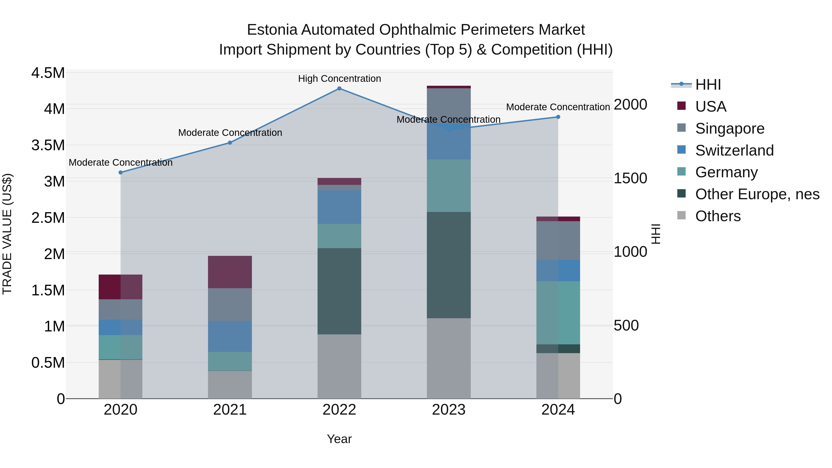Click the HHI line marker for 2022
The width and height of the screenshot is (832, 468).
339,89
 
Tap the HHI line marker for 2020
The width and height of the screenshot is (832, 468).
120,172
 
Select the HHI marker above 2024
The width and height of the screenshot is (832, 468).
558,117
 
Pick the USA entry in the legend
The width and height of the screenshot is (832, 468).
711,107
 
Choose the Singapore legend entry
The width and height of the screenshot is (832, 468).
730,128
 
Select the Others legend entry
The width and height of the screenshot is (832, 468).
718,216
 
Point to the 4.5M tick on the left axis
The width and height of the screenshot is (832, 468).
48,73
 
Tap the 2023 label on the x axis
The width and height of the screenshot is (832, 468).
449,410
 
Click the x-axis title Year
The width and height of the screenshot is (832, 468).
339,439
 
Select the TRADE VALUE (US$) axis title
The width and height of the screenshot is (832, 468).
7,234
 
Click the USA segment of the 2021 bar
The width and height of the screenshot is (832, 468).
230,272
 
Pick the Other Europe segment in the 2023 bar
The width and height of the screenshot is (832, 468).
449,265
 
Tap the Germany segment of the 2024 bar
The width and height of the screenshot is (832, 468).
558,313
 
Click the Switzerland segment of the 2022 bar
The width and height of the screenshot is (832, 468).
339,207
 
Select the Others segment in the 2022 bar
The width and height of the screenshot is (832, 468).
339,366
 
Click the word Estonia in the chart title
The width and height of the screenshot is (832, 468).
272,30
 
